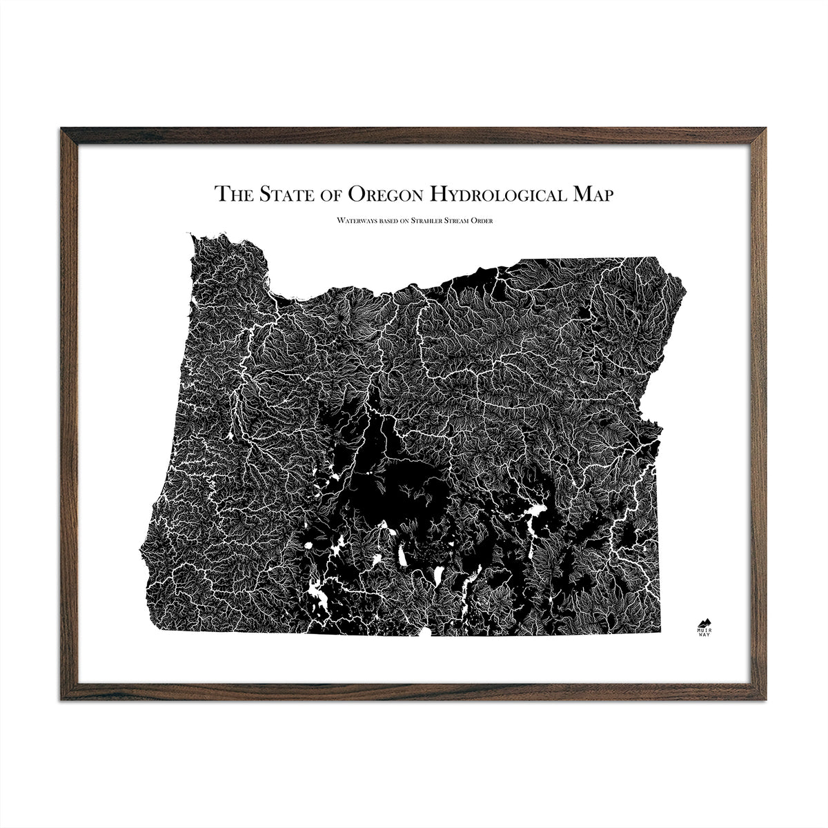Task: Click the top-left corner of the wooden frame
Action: (x=63, y=128)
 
